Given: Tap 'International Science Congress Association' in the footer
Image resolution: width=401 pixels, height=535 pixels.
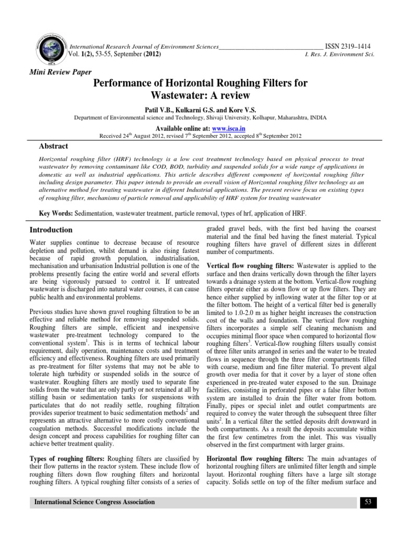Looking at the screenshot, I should tap(95, 503).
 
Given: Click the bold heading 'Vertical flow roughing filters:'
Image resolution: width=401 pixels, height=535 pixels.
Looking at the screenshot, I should tap(247, 266).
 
